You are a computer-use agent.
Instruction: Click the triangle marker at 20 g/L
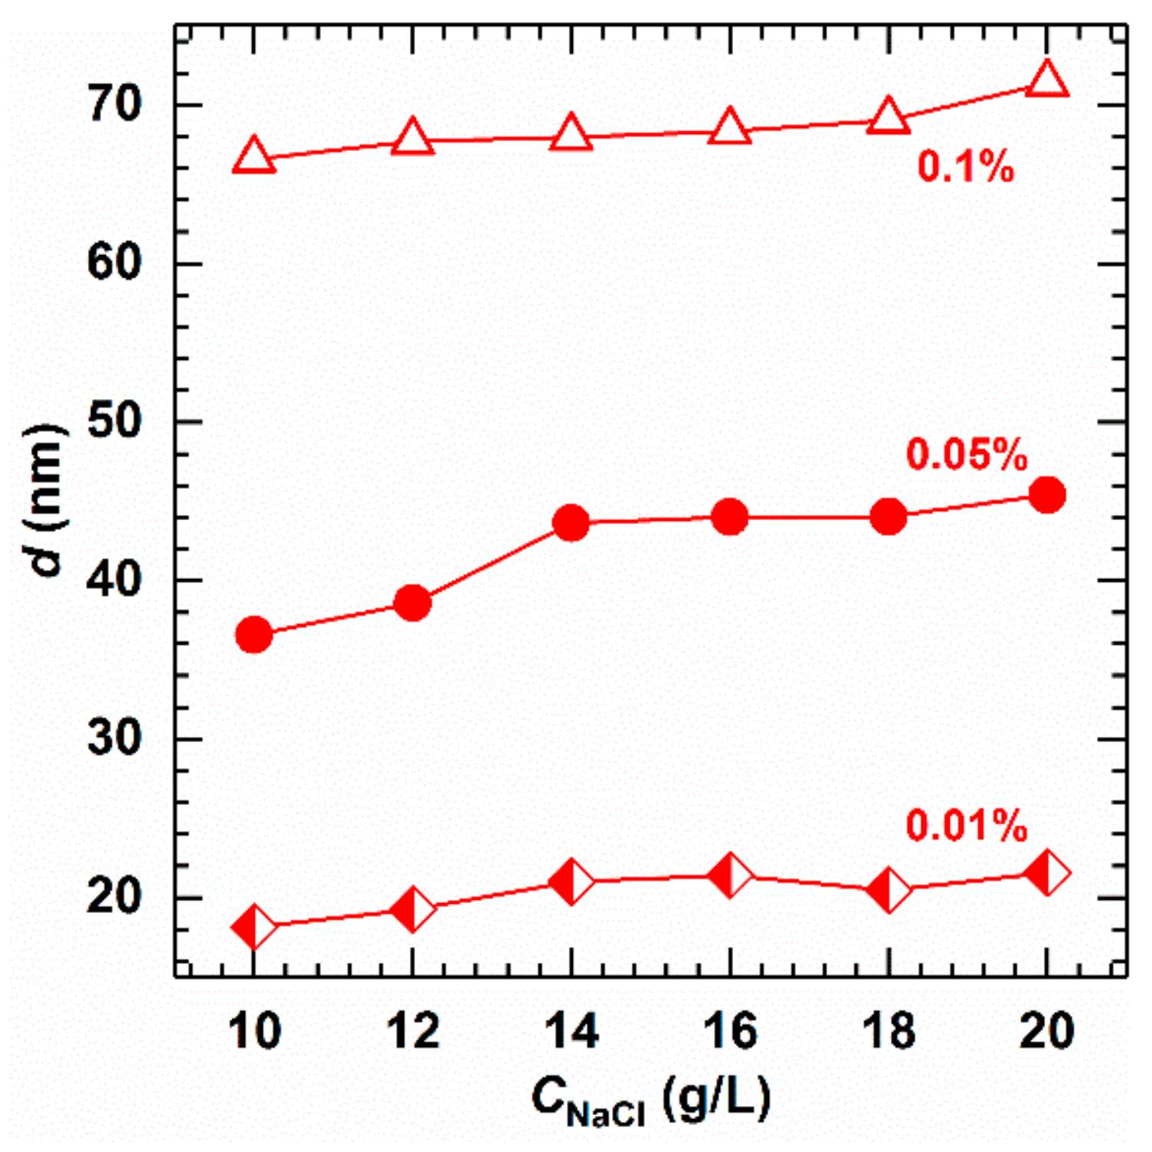tap(1047, 80)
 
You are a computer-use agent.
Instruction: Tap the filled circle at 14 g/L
tap(571, 524)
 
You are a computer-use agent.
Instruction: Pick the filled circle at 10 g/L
tap(254, 635)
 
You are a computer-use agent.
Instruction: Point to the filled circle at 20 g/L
tap(1047, 496)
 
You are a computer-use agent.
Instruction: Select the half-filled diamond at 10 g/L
tap(254, 928)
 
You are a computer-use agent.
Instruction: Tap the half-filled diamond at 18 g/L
tap(889, 890)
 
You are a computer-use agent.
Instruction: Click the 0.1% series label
tap(965, 166)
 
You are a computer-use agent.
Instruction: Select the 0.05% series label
tap(967, 455)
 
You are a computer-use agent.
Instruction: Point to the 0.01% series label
tap(967, 826)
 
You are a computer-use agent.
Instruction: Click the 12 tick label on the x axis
tap(413, 1031)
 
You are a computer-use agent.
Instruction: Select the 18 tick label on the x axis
tap(889, 1031)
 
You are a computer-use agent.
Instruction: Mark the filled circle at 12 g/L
tap(413, 604)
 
